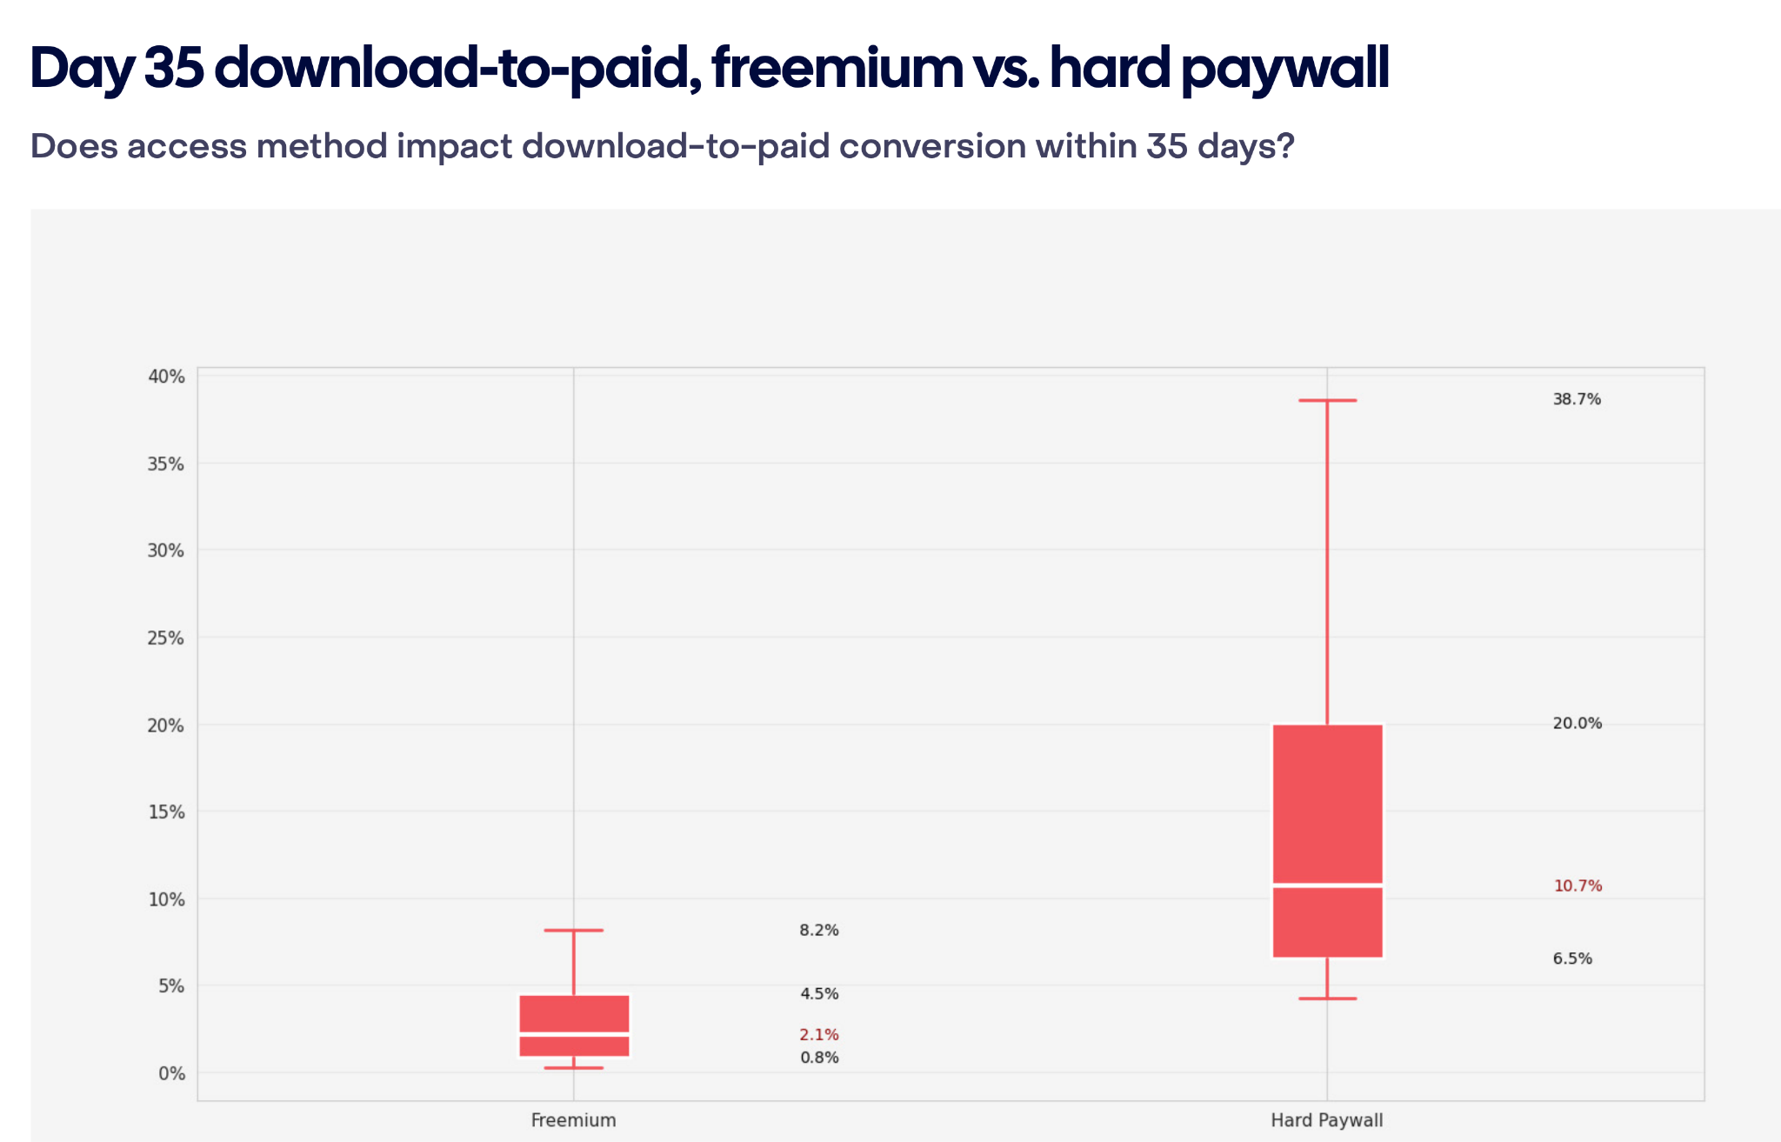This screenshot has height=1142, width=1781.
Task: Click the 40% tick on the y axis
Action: [x=166, y=377]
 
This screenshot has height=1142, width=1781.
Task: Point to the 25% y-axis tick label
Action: [x=166, y=638]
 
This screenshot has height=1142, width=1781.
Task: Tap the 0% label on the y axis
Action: [x=171, y=1073]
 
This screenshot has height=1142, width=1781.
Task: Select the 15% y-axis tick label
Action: [x=166, y=812]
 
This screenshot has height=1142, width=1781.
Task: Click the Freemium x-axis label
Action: [x=573, y=1120]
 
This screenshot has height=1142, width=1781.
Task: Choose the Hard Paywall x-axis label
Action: [x=1326, y=1120]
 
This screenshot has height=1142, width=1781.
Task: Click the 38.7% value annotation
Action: [x=1577, y=399]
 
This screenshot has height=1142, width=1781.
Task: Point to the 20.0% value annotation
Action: [x=1577, y=724]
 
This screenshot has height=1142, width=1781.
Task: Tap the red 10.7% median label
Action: [x=1578, y=886]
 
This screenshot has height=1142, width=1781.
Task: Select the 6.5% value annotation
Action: [x=1572, y=958]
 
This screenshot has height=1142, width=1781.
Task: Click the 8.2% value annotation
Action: [x=819, y=931]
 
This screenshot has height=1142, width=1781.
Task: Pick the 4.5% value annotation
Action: [x=819, y=994]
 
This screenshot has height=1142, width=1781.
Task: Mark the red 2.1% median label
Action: [x=819, y=1035]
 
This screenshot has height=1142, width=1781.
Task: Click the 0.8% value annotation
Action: [x=819, y=1058]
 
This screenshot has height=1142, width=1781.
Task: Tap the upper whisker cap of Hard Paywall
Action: [x=1327, y=400]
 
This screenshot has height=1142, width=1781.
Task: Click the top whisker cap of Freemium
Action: [x=574, y=931]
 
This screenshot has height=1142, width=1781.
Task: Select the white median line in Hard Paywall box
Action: [x=1327, y=885]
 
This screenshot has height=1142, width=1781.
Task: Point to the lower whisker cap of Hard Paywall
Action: [x=1327, y=998]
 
